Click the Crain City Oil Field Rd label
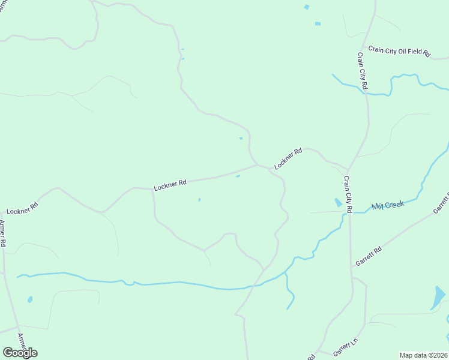[399, 51]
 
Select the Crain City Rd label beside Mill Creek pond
[347, 193]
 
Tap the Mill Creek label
[388, 205]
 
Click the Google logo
[20, 352]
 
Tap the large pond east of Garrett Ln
[438, 297]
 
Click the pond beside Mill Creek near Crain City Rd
[338, 202]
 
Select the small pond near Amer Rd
[30, 299]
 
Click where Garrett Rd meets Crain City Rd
[350, 268]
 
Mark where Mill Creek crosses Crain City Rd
[349, 212]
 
